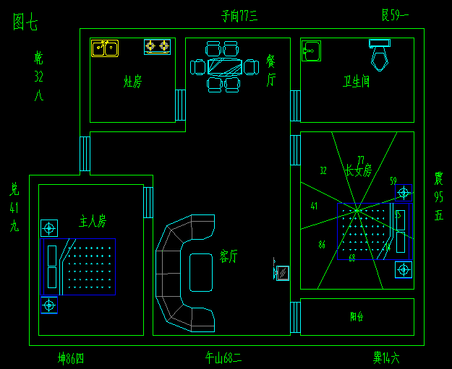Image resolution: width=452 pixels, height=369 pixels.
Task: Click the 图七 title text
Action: point(25,22)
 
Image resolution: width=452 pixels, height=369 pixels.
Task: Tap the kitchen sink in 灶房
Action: point(105,48)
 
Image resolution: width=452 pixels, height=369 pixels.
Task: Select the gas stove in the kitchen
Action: point(157,46)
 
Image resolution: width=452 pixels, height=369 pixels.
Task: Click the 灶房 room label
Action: point(132,82)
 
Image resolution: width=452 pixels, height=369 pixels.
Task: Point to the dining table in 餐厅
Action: point(224,67)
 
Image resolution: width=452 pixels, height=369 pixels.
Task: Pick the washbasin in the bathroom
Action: point(311,51)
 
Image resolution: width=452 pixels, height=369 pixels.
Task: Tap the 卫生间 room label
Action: point(356,82)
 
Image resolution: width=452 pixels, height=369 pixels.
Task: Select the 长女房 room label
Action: point(358,171)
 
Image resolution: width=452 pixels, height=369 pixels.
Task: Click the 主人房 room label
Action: point(93,220)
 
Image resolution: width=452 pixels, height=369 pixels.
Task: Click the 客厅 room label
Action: point(229,256)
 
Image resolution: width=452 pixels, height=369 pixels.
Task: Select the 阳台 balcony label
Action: point(357,316)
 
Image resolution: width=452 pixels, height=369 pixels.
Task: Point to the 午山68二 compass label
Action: point(223,357)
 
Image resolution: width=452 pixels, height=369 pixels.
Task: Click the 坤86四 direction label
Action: point(71,357)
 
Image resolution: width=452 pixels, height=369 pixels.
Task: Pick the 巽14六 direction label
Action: point(385,357)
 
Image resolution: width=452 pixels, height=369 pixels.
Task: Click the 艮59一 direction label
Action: point(395,14)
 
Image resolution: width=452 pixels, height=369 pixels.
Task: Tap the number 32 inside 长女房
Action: point(323,171)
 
